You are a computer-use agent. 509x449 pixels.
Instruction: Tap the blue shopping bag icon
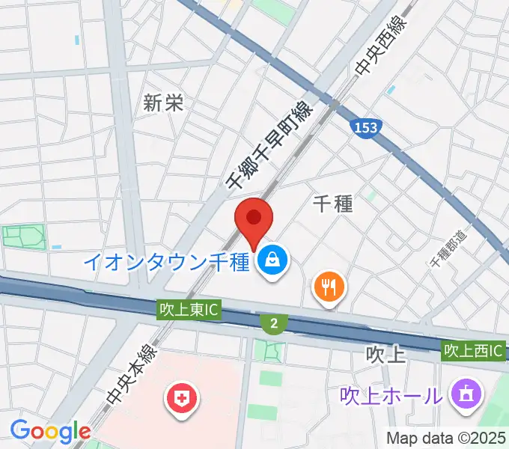pos(270,262)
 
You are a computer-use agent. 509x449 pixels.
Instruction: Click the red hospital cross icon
pos(180,397)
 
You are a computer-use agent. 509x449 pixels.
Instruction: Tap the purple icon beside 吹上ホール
pos(465,393)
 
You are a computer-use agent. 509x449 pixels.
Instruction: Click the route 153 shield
pos(366,128)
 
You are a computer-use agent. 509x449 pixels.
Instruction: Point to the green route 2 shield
pos(275,323)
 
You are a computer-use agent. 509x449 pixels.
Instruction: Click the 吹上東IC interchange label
pos(189,308)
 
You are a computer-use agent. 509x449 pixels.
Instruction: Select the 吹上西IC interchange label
pos(473,349)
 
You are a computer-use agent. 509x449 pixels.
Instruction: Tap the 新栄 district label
pos(163,104)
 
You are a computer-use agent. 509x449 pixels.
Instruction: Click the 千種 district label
pos(332,202)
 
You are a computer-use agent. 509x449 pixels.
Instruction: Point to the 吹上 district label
pos(387,353)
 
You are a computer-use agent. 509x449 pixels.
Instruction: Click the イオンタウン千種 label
pos(165,262)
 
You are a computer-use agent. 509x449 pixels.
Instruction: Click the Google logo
pos(50,432)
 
